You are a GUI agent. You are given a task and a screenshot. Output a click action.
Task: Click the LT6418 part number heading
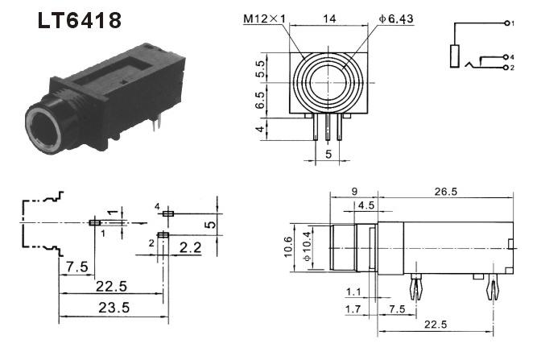80,21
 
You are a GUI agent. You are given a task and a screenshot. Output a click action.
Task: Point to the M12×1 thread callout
264,19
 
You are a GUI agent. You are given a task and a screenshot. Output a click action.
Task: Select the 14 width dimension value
329,19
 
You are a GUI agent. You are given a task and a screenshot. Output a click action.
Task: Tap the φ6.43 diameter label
396,19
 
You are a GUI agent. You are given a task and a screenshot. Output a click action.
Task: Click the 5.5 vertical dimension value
260,68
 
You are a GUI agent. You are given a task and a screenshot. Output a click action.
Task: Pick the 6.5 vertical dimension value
260,100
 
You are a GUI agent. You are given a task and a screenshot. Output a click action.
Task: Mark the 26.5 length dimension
446,192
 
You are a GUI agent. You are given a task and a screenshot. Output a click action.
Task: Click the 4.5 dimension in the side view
366,205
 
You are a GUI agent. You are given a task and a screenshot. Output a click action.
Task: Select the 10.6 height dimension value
288,247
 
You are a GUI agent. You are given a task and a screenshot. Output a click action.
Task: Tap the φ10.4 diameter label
308,246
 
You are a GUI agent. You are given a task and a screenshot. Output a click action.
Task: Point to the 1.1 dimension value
353,292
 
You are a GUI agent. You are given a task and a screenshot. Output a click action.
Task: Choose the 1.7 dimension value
353,309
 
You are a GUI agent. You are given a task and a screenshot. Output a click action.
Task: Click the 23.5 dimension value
114,308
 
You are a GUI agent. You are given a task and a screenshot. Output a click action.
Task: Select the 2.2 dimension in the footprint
191,247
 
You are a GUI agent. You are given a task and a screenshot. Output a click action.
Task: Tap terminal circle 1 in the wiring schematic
506,23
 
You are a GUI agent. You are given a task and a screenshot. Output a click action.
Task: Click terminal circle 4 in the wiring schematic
506,56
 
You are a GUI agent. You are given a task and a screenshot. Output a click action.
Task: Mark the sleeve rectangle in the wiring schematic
454,56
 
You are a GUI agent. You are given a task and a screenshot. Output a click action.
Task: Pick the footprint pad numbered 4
168,213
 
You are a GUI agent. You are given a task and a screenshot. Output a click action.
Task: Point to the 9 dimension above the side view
354,192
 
